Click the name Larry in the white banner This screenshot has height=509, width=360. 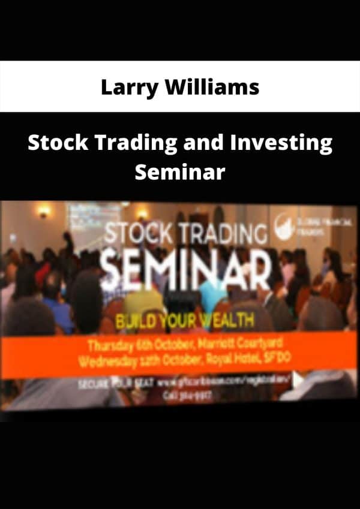coord(124,88)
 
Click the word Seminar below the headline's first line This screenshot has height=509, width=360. coord(180,172)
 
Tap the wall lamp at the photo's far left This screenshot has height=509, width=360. coord(43,211)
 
